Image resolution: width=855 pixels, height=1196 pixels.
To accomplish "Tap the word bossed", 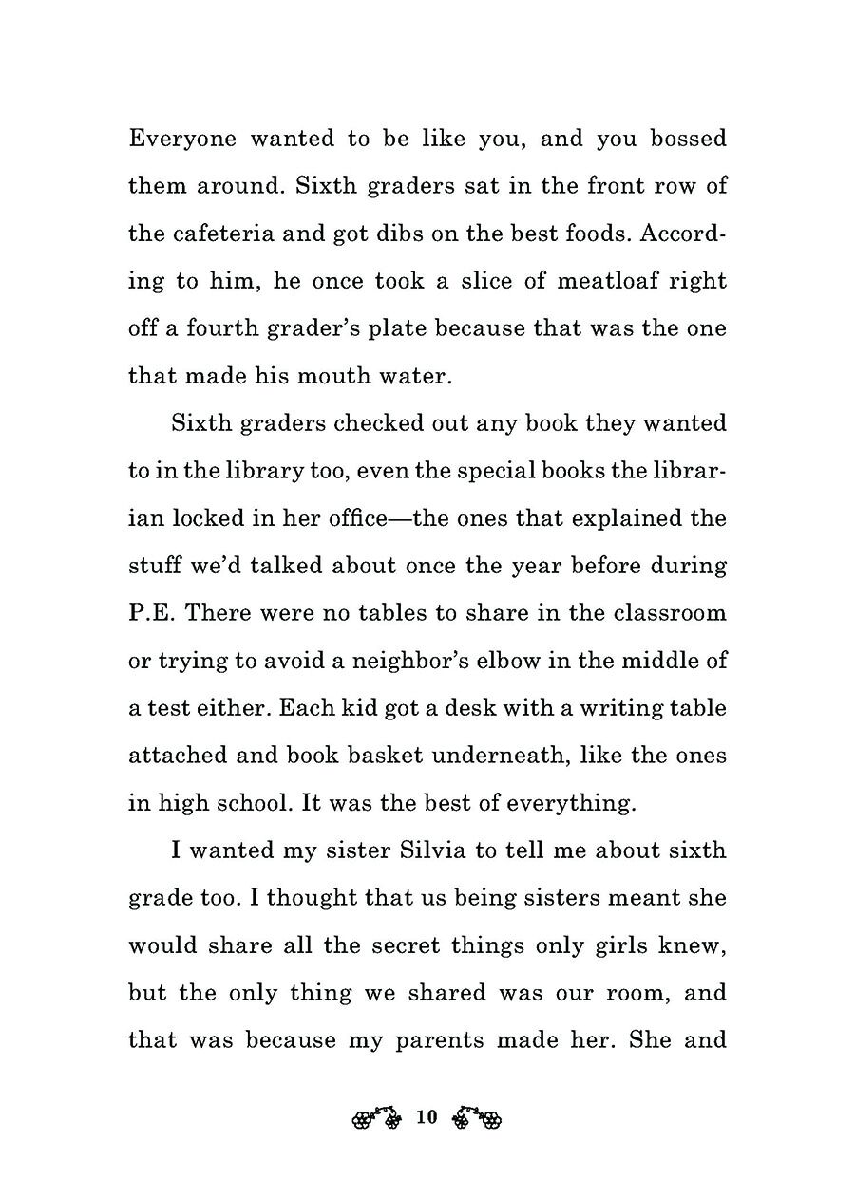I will pos(688,139).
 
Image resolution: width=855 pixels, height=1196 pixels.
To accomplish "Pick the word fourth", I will pos(216,328).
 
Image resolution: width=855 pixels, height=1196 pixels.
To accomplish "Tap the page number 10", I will pos(426,1117).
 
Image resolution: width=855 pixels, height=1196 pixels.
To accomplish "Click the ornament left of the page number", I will pos(375,1118).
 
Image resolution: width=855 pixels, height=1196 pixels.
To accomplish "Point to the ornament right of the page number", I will pos(477,1118).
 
